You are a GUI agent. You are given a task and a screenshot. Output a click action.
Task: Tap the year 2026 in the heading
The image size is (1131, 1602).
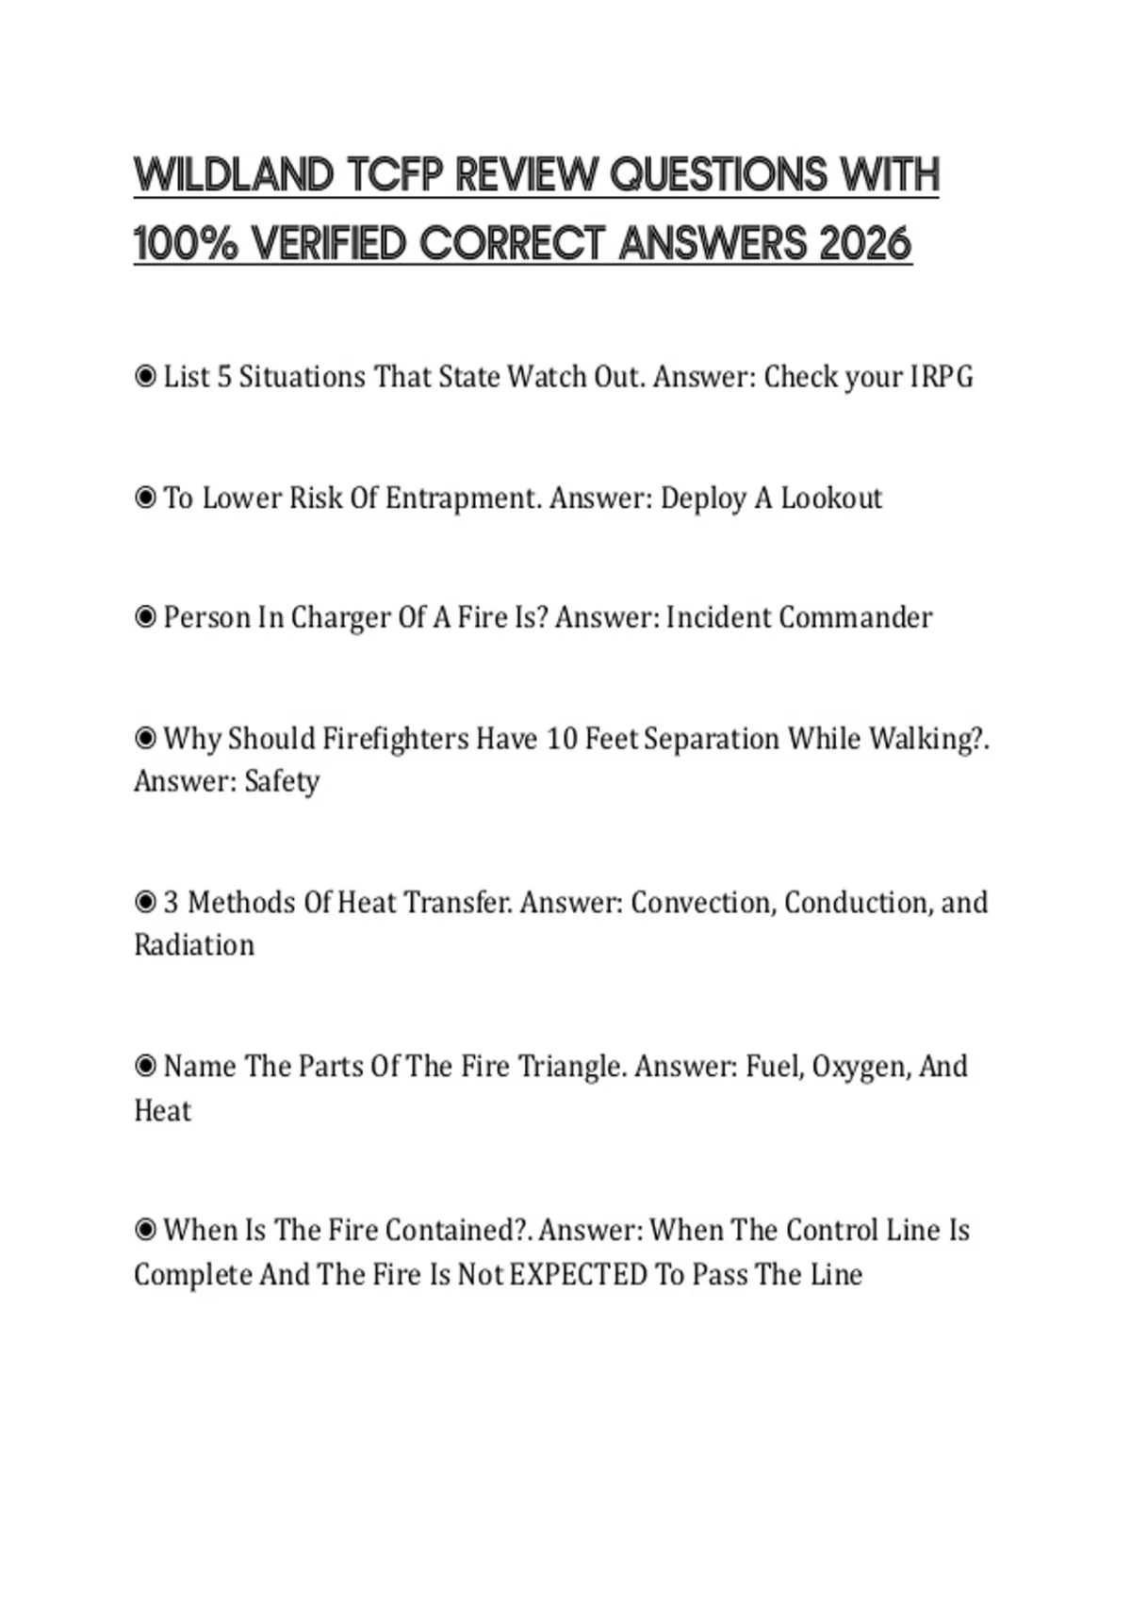(865, 244)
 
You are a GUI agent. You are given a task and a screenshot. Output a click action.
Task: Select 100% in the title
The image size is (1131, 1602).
(187, 244)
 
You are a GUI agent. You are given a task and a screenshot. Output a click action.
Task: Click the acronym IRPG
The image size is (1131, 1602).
(941, 377)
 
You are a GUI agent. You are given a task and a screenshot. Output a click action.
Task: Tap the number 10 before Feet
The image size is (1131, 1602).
(561, 738)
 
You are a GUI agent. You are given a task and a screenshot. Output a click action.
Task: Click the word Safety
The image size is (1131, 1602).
(282, 781)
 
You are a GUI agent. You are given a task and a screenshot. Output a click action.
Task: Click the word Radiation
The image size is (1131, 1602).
(194, 945)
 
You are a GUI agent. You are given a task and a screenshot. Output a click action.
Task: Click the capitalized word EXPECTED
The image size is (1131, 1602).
(578, 1274)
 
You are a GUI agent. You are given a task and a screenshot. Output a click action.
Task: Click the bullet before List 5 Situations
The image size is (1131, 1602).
(145, 377)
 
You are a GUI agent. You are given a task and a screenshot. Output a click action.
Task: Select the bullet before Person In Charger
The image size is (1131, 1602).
(145, 617)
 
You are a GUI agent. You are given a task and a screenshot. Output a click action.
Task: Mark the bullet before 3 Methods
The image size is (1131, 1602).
(145, 902)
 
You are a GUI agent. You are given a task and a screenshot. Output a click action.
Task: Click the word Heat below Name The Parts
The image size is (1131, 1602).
(162, 1110)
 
